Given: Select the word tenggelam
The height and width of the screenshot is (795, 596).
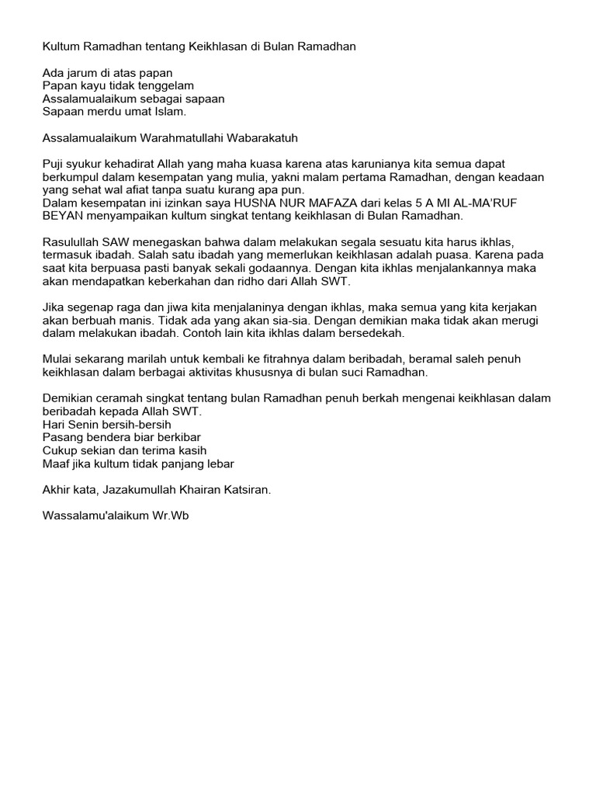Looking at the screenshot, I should (x=166, y=85).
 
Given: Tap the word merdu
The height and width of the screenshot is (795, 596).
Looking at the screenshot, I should (x=102, y=112).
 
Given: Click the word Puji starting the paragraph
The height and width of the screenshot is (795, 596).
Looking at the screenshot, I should (x=54, y=165).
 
